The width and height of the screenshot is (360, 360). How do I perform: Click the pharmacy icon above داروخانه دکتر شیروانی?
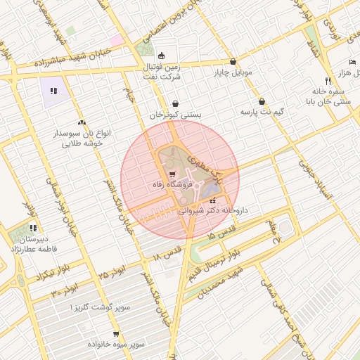tap(213, 200)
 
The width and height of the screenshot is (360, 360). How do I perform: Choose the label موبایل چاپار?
tap(233, 72)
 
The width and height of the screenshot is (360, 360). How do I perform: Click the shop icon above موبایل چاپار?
tap(233, 61)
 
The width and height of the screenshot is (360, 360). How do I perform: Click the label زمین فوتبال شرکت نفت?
tap(163, 72)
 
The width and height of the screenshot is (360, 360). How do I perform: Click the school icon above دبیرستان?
tap(32, 227)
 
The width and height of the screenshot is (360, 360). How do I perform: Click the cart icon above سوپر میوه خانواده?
tap(115, 334)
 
